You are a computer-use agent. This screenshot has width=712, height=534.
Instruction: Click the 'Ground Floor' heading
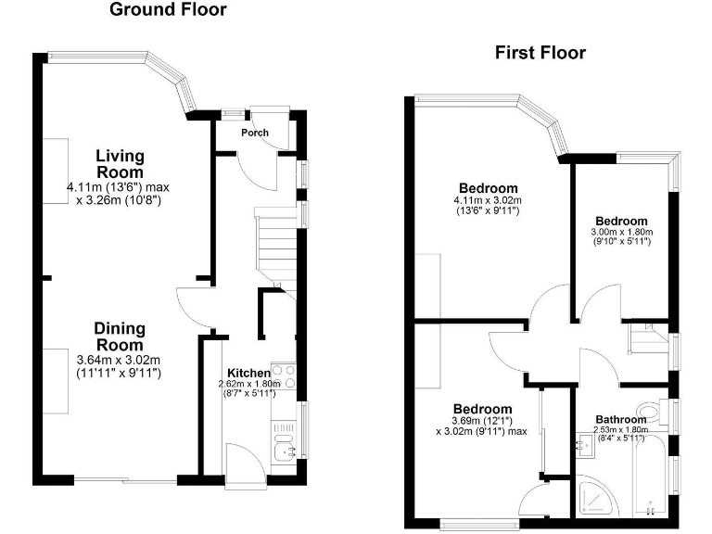point(168,10)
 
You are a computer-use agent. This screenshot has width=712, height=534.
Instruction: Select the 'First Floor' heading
point(539,53)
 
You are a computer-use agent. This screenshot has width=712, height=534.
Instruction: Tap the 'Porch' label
point(255,133)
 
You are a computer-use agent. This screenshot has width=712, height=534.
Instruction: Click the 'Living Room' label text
point(120,164)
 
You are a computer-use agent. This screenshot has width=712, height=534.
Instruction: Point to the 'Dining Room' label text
point(119,337)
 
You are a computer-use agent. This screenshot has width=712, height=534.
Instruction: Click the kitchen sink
point(283,451)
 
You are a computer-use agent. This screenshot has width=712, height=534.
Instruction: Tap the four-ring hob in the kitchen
point(282,376)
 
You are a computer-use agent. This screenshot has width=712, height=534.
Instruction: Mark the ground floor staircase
point(274,246)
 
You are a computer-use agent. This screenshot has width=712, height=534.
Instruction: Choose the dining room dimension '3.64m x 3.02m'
point(119,361)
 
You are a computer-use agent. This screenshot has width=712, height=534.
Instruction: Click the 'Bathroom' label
point(620,419)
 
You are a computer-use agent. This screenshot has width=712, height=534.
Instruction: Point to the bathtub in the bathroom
point(651,477)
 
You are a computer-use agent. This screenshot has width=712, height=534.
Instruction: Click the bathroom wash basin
point(585,446)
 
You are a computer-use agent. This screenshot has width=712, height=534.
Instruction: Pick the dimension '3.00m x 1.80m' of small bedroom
point(622,232)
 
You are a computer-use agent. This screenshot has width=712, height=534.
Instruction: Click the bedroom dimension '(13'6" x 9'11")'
point(487,211)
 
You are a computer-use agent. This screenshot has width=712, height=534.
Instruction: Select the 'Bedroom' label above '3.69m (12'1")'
point(482,409)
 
